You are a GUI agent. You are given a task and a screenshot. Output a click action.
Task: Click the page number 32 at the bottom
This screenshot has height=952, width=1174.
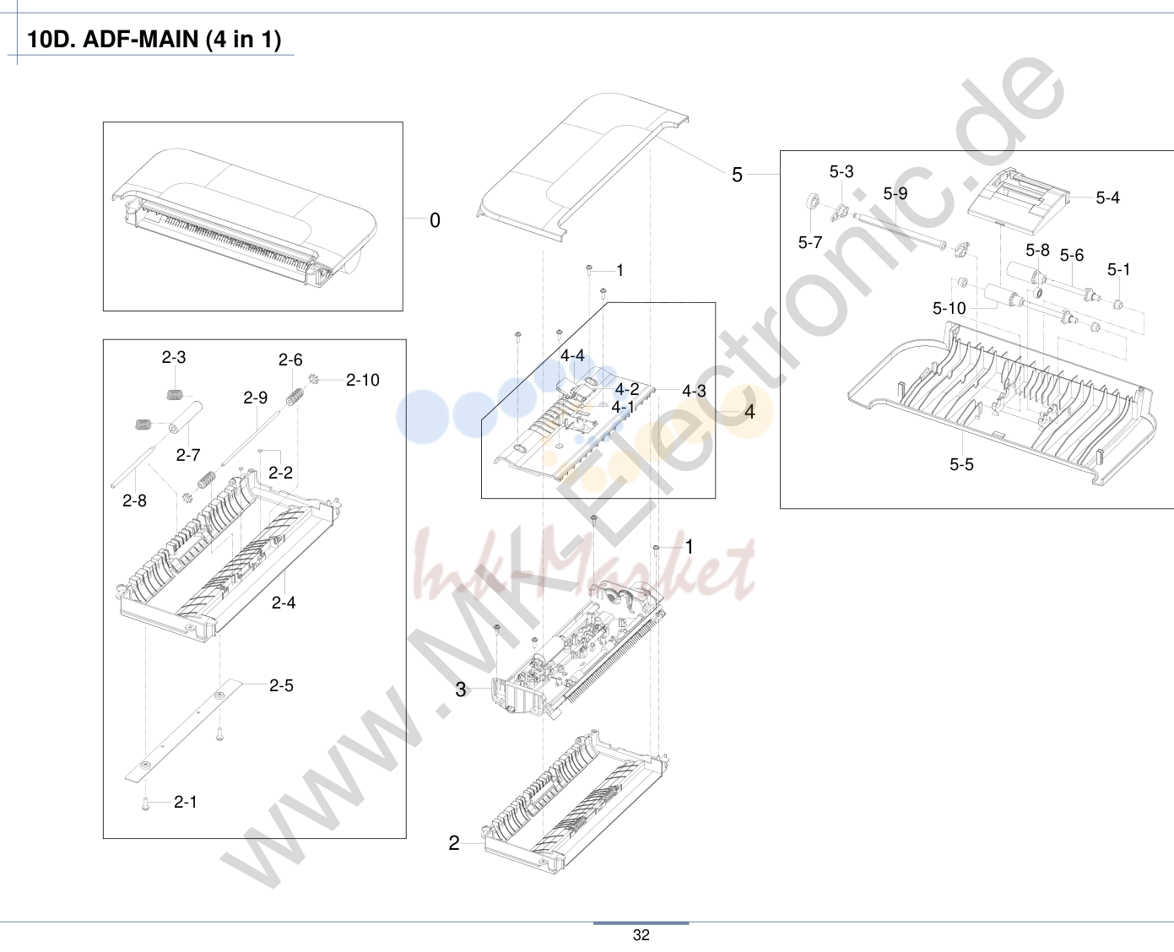pyautogui.click(x=641, y=935)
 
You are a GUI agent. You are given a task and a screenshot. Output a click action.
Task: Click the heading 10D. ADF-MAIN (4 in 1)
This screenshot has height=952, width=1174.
pyautogui.click(x=154, y=39)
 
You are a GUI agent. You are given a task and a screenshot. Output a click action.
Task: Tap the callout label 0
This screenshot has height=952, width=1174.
pyautogui.click(x=435, y=220)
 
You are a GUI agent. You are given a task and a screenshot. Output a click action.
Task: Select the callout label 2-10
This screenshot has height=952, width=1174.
pyautogui.click(x=363, y=380)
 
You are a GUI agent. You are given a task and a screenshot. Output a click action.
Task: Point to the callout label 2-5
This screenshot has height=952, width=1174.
pyautogui.click(x=281, y=685)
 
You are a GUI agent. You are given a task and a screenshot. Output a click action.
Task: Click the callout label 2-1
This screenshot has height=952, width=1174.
pyautogui.click(x=185, y=802)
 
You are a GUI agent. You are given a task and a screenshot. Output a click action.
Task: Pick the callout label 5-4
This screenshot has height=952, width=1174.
pyautogui.click(x=1107, y=197)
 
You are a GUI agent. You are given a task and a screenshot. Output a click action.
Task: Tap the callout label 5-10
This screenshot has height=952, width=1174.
pyautogui.click(x=949, y=308)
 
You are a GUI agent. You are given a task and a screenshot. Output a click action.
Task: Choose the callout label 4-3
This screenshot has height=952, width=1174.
pyautogui.click(x=694, y=391)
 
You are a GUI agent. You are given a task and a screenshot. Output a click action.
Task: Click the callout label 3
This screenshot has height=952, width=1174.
pyautogui.click(x=461, y=689)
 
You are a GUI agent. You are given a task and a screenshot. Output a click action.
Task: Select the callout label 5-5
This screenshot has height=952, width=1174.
pyautogui.click(x=961, y=464)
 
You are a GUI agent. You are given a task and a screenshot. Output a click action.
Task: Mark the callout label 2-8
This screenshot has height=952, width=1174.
pyautogui.click(x=134, y=500)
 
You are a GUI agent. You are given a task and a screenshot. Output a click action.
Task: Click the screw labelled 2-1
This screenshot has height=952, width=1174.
pyautogui.click(x=145, y=805)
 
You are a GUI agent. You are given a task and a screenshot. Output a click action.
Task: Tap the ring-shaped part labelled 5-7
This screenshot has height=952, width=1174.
pyautogui.click(x=813, y=201)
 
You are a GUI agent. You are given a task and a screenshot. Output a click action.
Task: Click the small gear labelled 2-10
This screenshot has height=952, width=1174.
pyautogui.click(x=315, y=379)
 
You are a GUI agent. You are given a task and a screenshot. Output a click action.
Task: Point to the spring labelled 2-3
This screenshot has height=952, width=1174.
pyautogui.click(x=175, y=395)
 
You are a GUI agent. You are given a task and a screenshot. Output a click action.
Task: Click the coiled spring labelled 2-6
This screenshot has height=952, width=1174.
pyautogui.click(x=295, y=397)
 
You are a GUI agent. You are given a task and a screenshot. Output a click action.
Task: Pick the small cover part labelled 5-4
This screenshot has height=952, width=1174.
pyautogui.click(x=1019, y=200)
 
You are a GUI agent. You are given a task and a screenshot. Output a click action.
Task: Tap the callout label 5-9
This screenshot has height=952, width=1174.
pyautogui.click(x=895, y=193)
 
